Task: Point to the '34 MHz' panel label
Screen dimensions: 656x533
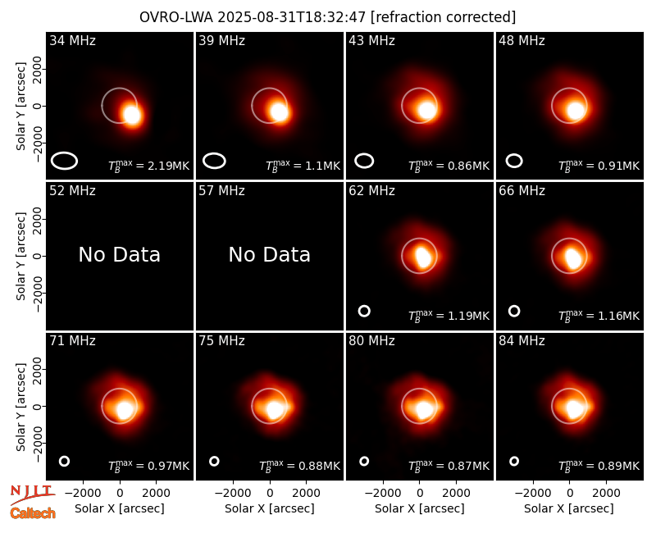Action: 72,40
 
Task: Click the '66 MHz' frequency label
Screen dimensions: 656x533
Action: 522,191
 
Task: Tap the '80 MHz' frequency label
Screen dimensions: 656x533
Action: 371,341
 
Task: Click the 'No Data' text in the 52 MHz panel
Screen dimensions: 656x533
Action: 120,254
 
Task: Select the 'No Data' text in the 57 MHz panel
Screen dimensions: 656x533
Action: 270,254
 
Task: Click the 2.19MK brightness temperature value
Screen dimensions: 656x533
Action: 163,166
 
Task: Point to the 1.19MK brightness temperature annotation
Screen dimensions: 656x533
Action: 468,316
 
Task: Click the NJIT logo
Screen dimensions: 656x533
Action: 32,494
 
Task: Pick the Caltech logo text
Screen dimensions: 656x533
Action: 33,513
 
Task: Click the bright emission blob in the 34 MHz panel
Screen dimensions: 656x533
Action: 132,114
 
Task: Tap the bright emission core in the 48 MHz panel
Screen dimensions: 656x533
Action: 576,111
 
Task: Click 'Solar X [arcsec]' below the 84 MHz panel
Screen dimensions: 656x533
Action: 569,508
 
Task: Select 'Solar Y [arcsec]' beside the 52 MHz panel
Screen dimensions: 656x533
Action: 21,256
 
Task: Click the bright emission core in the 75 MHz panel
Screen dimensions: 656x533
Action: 274,409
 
